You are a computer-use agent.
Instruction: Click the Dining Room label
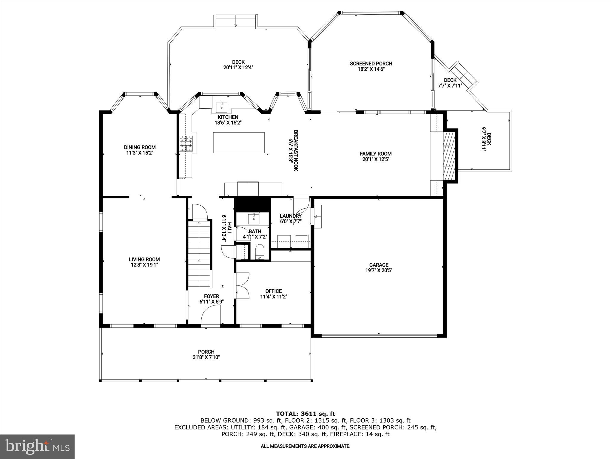click(140, 147)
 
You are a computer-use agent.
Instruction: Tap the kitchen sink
click(222, 106)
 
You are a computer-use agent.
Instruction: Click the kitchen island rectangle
click(239, 143)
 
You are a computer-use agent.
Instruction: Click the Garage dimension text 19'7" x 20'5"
click(379, 270)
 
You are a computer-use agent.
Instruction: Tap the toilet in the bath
click(260, 252)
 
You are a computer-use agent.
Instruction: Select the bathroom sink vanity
click(254, 219)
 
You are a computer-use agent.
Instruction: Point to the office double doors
click(242, 285)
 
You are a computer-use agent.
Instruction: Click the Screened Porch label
click(371, 64)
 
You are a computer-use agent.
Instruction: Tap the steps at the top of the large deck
click(236, 22)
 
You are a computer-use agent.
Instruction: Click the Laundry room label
click(290, 216)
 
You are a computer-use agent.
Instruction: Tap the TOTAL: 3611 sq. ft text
click(305, 414)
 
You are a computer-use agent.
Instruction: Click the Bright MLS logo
click(37, 446)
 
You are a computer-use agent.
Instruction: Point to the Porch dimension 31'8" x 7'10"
click(206, 357)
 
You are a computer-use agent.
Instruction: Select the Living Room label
click(144, 259)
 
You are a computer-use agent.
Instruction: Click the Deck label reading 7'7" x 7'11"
click(450, 85)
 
